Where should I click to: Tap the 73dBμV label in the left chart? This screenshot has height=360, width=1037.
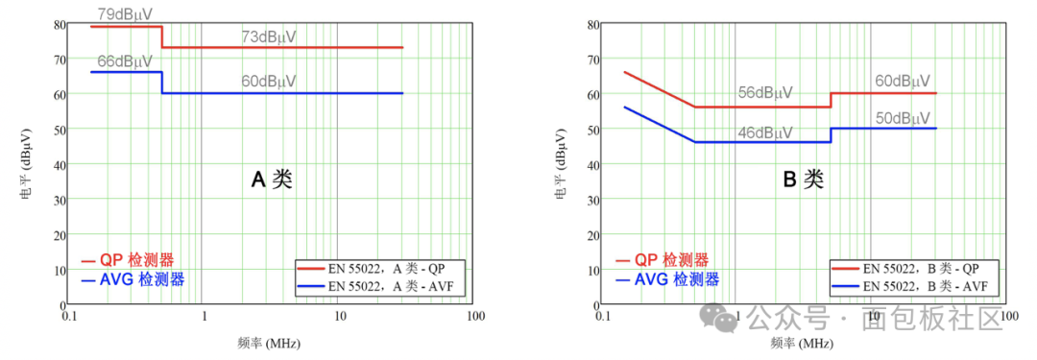tap(269, 37)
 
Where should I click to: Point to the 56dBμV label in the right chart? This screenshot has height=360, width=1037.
tap(766, 93)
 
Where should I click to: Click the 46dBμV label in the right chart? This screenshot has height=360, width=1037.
tap(766, 133)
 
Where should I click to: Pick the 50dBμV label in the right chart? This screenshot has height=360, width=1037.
tap(903, 119)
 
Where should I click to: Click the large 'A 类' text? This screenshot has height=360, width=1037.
tap(271, 180)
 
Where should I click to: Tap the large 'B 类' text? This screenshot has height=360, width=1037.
tap(804, 180)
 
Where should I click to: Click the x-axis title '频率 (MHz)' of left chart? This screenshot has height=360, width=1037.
tap(269, 344)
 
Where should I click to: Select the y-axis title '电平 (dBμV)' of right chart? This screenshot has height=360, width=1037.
tap(561, 164)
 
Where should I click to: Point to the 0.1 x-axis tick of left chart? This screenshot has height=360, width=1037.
tap(69, 317)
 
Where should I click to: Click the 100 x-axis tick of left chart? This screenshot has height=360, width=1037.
tap(475, 317)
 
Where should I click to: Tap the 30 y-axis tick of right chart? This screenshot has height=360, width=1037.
tap(592, 199)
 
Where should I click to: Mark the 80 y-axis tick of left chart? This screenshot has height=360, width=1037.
tap(60, 24)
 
